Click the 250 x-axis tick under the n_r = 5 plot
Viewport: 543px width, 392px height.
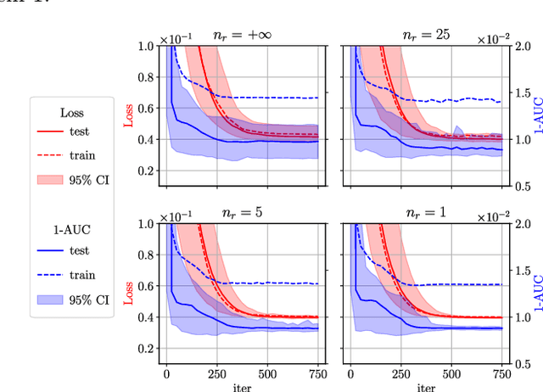[x=217, y=372]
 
